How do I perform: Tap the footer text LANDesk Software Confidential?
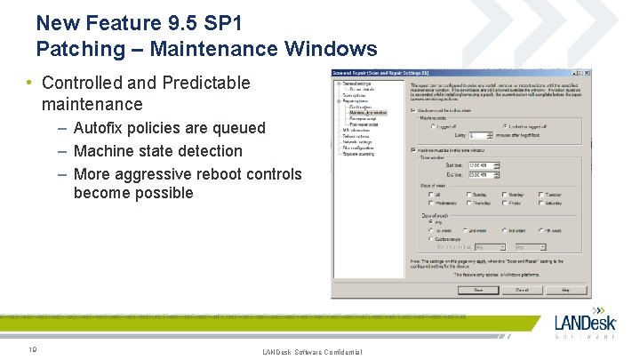coord(312,353)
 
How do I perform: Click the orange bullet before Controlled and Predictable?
coord(29,84)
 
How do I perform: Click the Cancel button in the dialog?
coord(522,290)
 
